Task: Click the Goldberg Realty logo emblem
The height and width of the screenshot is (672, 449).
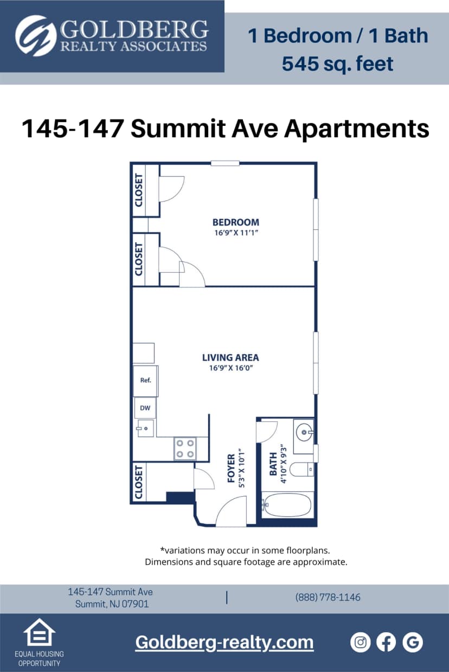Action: (36, 36)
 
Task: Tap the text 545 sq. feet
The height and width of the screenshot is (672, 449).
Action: (337, 64)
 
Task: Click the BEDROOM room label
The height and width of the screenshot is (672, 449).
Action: (235, 222)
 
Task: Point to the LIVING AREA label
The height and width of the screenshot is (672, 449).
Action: (230, 357)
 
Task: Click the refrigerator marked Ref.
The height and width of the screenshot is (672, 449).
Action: (145, 380)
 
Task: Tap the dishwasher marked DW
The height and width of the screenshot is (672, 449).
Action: (145, 408)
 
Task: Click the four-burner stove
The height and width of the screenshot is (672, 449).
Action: (185, 449)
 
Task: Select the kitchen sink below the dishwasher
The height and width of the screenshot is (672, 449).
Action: (145, 428)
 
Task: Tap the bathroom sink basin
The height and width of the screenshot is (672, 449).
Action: (304, 433)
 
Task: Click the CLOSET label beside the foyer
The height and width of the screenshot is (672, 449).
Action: (139, 482)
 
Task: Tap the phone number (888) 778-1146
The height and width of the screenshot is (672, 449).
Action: (328, 597)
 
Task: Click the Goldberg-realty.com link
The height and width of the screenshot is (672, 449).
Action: (224, 642)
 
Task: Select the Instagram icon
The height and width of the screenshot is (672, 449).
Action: (360, 642)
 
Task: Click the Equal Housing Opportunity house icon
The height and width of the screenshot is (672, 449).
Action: (39, 633)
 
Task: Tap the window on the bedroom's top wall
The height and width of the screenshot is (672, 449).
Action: (225, 163)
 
